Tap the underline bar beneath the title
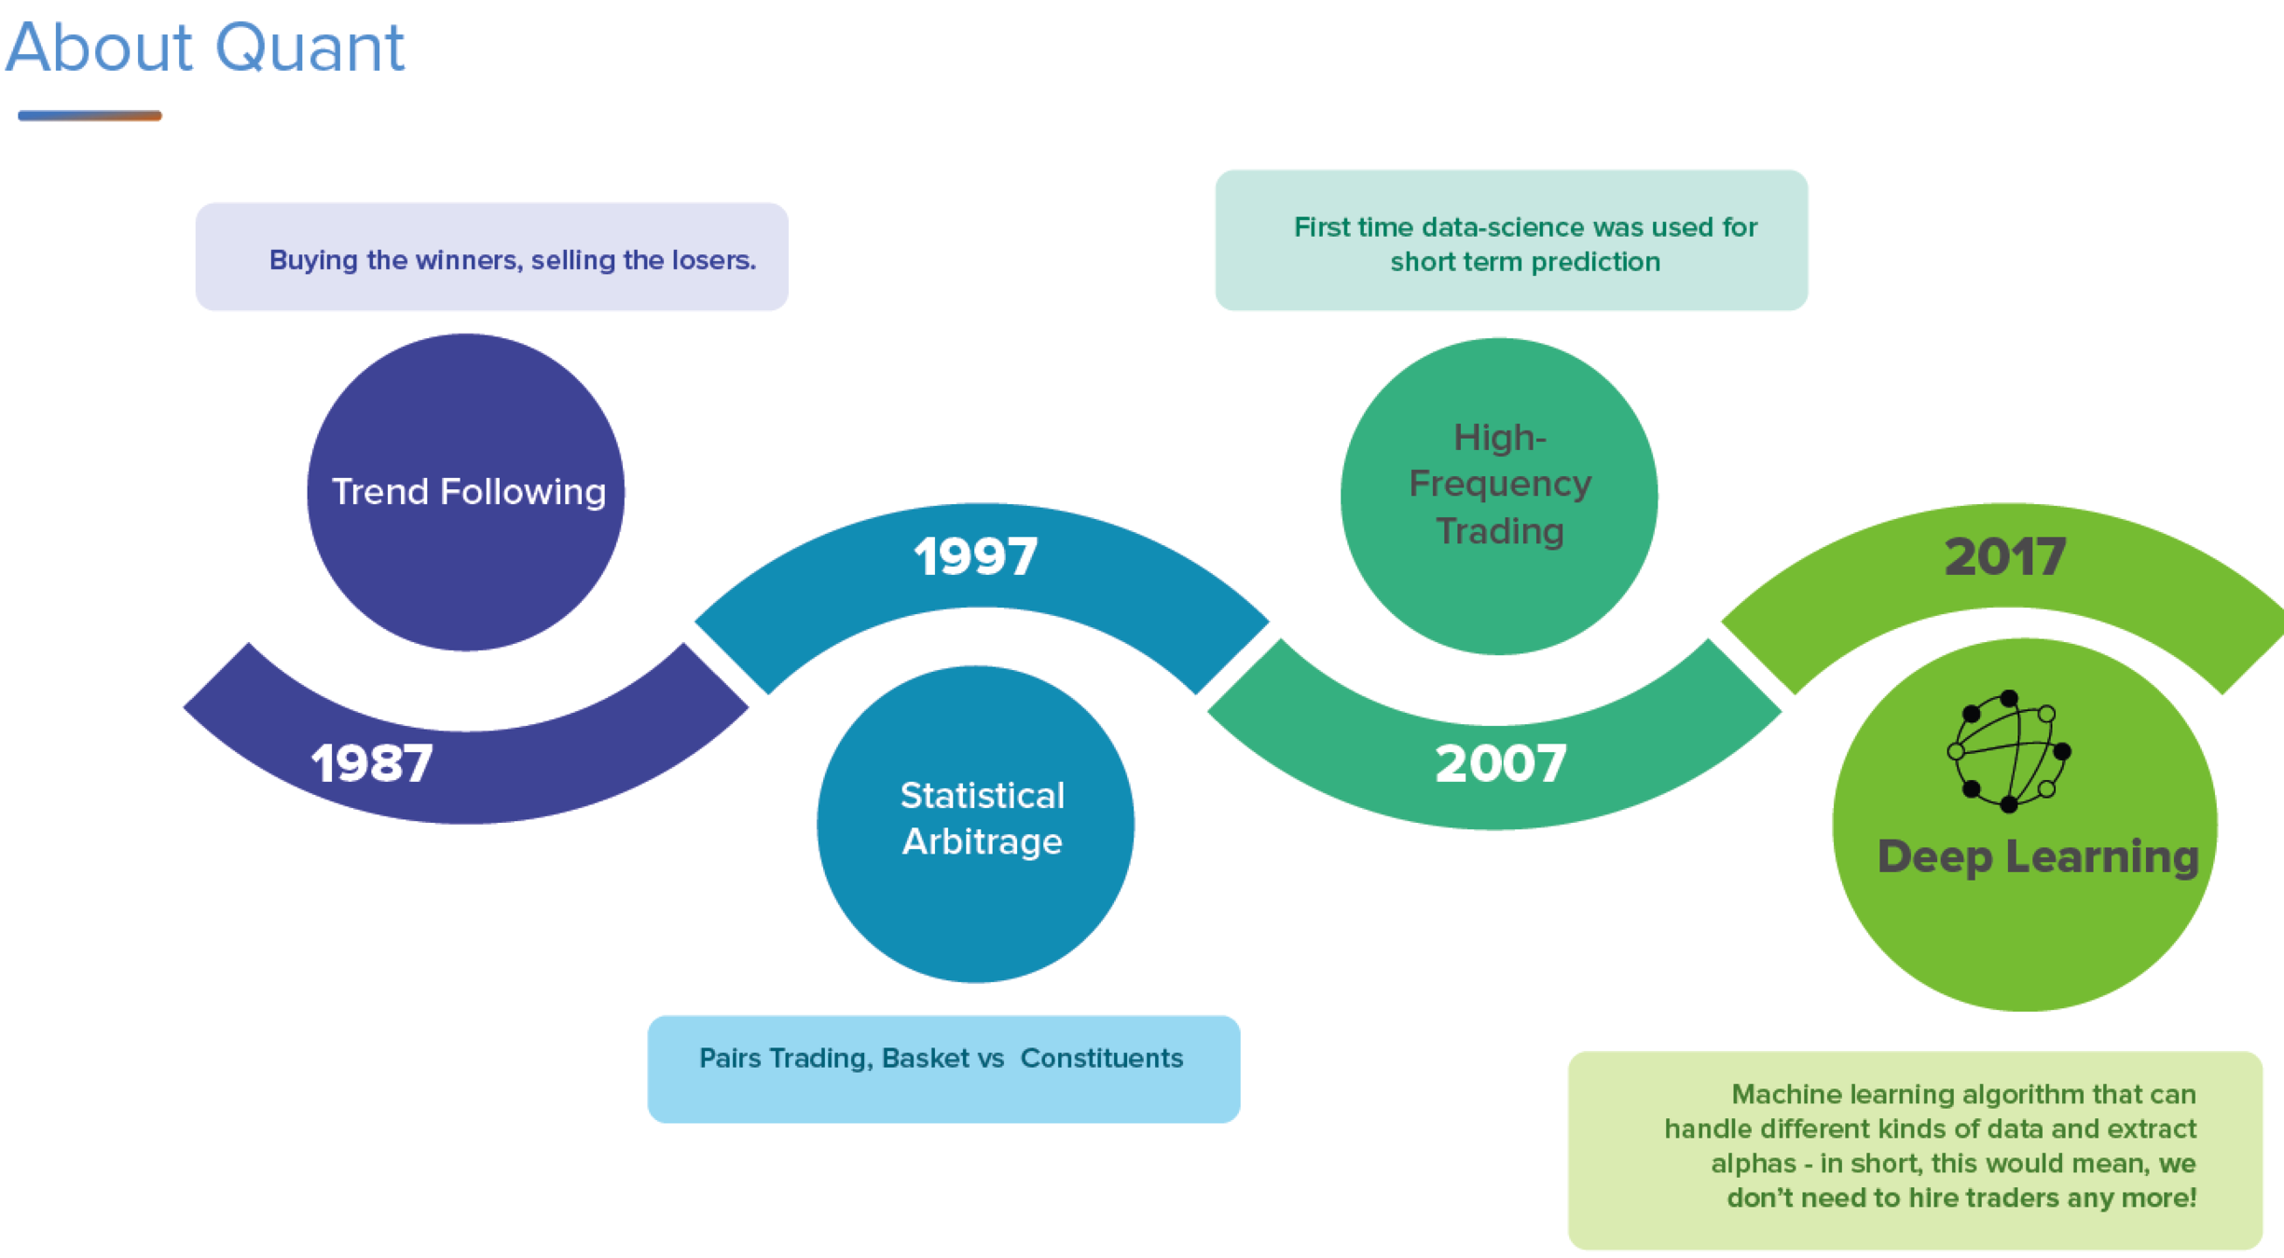point(89,116)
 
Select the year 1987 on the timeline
point(372,763)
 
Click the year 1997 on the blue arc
point(975,556)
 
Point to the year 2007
point(1501,763)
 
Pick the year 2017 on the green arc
point(2005,556)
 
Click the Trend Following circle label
point(469,491)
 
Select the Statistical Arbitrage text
point(982,818)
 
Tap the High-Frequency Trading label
point(1500,484)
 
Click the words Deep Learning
point(2038,856)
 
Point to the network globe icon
point(2009,750)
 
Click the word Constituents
point(1101,1059)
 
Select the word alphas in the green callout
point(1752,1164)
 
